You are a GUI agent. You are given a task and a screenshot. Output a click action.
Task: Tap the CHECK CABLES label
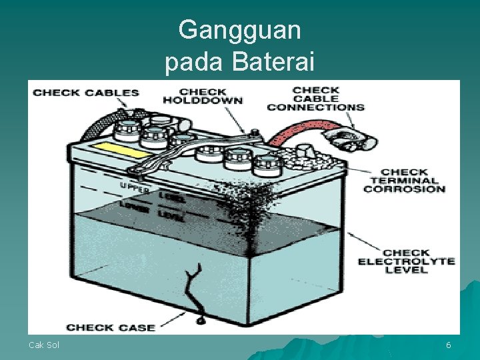coord(86,93)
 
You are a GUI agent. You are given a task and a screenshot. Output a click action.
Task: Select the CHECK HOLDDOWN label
coord(203,96)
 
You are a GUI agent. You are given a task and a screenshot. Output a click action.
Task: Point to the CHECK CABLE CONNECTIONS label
coord(315,98)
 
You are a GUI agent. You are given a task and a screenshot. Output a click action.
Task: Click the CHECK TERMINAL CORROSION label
coord(404,180)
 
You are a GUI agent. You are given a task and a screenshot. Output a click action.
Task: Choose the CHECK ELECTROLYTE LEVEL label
coord(406,261)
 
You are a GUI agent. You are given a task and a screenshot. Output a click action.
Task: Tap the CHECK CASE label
coord(111,327)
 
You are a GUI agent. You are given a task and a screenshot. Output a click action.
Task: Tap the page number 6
coord(449,345)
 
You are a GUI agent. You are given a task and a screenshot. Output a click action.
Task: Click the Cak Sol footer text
coord(43,345)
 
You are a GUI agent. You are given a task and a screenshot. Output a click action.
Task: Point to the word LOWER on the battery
coord(134,207)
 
